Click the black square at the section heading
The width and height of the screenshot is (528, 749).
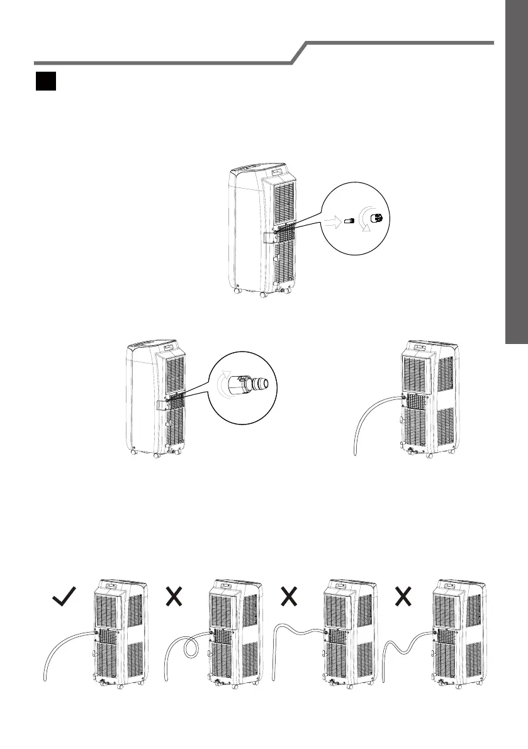click(x=46, y=82)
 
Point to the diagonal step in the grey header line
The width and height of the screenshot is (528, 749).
click(x=300, y=53)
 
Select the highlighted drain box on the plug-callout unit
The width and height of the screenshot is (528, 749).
click(x=269, y=237)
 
